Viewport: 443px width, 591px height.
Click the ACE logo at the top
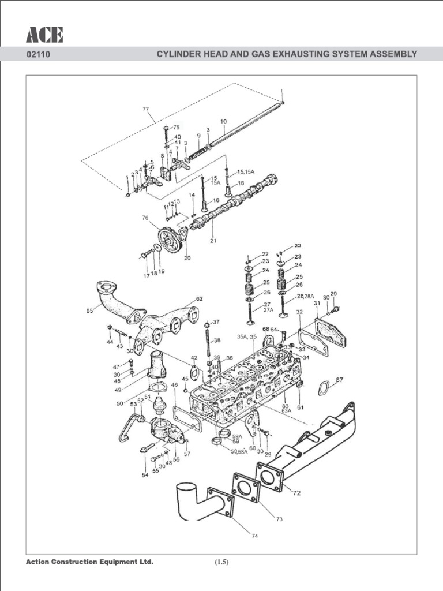[x=44, y=35]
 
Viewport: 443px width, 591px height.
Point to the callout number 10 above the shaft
[x=223, y=122]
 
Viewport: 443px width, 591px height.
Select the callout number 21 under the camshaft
[x=213, y=240]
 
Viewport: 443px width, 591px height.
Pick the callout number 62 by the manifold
[x=199, y=299]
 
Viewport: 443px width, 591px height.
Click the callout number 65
[x=90, y=311]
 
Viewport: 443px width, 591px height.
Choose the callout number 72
[x=297, y=494]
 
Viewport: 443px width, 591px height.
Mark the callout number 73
[x=279, y=519]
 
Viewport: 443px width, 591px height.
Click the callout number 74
[x=254, y=536]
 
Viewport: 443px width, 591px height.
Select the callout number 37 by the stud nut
[x=216, y=322]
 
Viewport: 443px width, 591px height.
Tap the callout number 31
[x=316, y=304]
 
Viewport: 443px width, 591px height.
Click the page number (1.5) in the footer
[x=221, y=563]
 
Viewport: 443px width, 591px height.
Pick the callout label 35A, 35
[x=246, y=336]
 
